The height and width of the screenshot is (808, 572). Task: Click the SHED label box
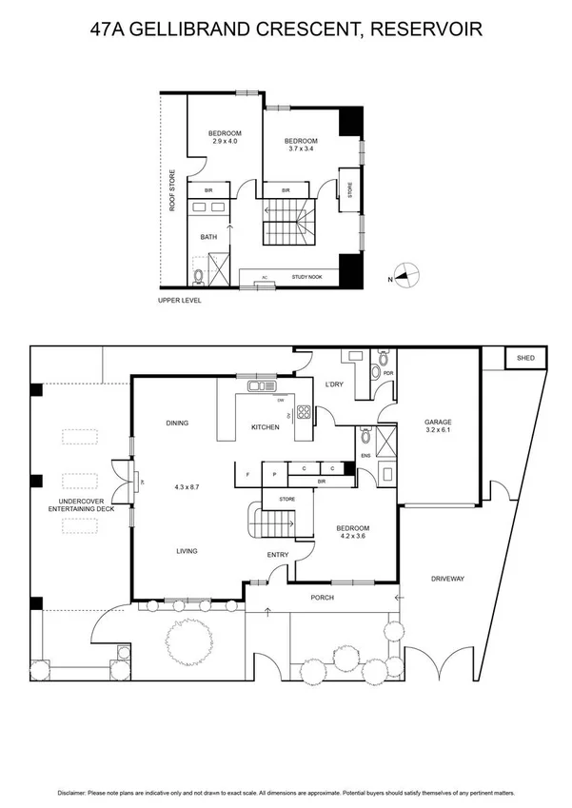[525, 358]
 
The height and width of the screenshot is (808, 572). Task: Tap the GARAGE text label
[438, 422]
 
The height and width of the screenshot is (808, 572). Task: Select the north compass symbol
[405, 277]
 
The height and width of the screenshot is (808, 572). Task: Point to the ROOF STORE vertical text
[172, 189]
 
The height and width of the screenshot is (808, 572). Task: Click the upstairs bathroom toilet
[198, 277]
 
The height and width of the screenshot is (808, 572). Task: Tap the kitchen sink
[259, 386]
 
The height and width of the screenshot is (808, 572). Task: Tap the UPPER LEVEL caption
[180, 301]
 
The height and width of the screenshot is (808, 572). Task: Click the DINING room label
[176, 424]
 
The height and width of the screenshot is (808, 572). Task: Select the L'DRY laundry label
[334, 384]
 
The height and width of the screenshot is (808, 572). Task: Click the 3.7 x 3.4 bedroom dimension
[301, 148]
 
